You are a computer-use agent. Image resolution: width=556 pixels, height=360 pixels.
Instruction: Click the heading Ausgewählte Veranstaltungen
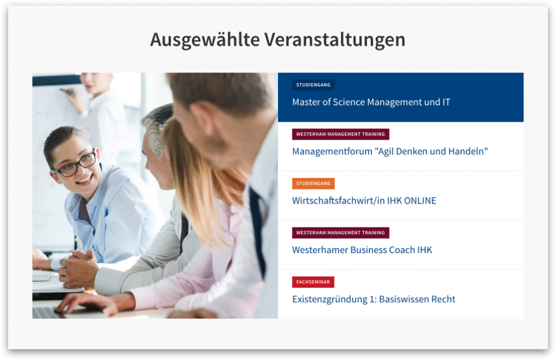(x=277, y=40)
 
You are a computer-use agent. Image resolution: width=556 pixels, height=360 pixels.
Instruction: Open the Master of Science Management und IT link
(x=371, y=102)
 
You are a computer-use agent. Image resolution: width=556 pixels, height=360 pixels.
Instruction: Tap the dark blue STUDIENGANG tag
(x=313, y=85)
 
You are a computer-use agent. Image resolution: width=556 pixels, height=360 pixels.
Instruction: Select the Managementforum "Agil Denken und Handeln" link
(x=390, y=151)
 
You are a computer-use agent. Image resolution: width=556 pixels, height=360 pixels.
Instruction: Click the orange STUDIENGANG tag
(x=313, y=184)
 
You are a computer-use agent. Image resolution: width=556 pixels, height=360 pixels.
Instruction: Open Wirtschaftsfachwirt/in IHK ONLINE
(x=364, y=201)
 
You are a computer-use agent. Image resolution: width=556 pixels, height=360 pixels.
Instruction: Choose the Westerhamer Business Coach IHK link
(x=362, y=250)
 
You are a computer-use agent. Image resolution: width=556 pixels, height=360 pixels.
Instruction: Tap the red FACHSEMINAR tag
(x=313, y=282)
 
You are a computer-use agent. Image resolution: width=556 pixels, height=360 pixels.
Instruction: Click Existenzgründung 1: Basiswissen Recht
(x=374, y=299)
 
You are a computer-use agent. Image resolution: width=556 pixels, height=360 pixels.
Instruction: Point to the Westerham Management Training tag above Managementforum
(x=340, y=134)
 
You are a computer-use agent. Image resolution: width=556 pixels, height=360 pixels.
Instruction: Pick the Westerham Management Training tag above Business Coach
(x=340, y=233)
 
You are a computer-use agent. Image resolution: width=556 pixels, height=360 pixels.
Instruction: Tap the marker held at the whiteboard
(x=67, y=92)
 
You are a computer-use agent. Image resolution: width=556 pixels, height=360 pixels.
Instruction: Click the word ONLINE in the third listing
(x=420, y=201)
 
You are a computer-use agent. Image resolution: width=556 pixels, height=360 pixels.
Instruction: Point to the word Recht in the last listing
(x=443, y=299)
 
